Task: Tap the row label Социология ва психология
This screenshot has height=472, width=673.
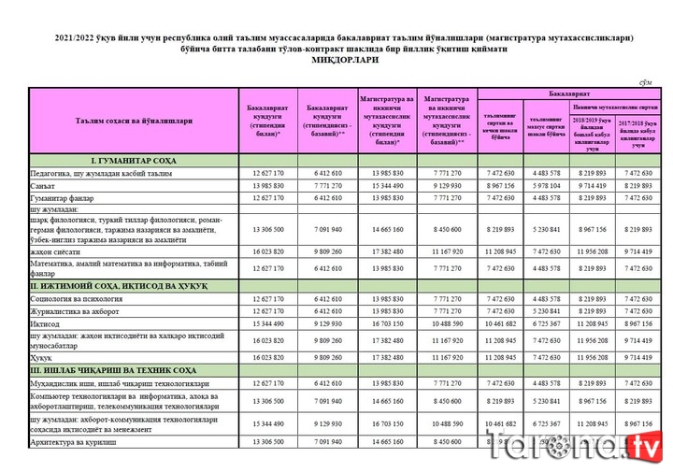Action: [75, 298]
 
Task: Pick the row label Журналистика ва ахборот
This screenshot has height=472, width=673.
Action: [75, 310]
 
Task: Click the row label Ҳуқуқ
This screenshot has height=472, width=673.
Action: [42, 357]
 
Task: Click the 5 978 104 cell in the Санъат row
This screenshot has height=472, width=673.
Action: [547, 185]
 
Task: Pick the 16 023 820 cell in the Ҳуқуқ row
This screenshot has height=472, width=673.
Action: [267, 357]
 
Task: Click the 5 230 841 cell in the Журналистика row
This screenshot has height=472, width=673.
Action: [547, 310]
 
